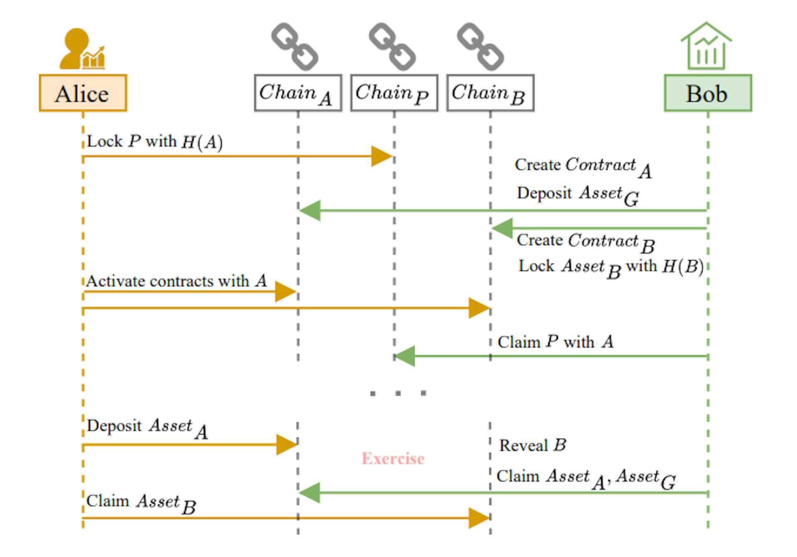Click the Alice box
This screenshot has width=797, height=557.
pyautogui.click(x=83, y=93)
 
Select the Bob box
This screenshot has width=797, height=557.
pyautogui.click(x=708, y=93)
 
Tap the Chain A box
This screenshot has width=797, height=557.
pyautogui.click(x=298, y=93)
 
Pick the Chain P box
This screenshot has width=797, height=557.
pyautogui.click(x=394, y=93)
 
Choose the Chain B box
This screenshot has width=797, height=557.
pyautogui.click(x=490, y=93)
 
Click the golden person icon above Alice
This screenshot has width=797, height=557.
pyautogui.click(x=81, y=49)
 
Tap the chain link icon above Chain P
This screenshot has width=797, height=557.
pyautogui.click(x=392, y=46)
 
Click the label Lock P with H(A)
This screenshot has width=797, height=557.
pyautogui.click(x=154, y=142)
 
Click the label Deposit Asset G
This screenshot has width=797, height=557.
pyautogui.click(x=577, y=195)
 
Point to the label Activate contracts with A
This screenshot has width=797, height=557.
pyautogui.click(x=176, y=281)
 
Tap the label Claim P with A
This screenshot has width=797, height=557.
pyautogui.click(x=555, y=342)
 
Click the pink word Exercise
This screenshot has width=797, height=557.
pyautogui.click(x=393, y=459)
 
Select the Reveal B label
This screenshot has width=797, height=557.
pyautogui.click(x=533, y=445)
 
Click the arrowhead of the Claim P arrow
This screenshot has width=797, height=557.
pyautogui.click(x=404, y=356)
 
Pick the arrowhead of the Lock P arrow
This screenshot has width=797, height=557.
pyautogui.click(x=381, y=156)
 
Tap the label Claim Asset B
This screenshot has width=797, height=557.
pyautogui.click(x=141, y=503)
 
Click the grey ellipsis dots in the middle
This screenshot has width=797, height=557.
pyautogui.click(x=398, y=393)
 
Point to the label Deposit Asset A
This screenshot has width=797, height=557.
pyautogui.click(x=147, y=428)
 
